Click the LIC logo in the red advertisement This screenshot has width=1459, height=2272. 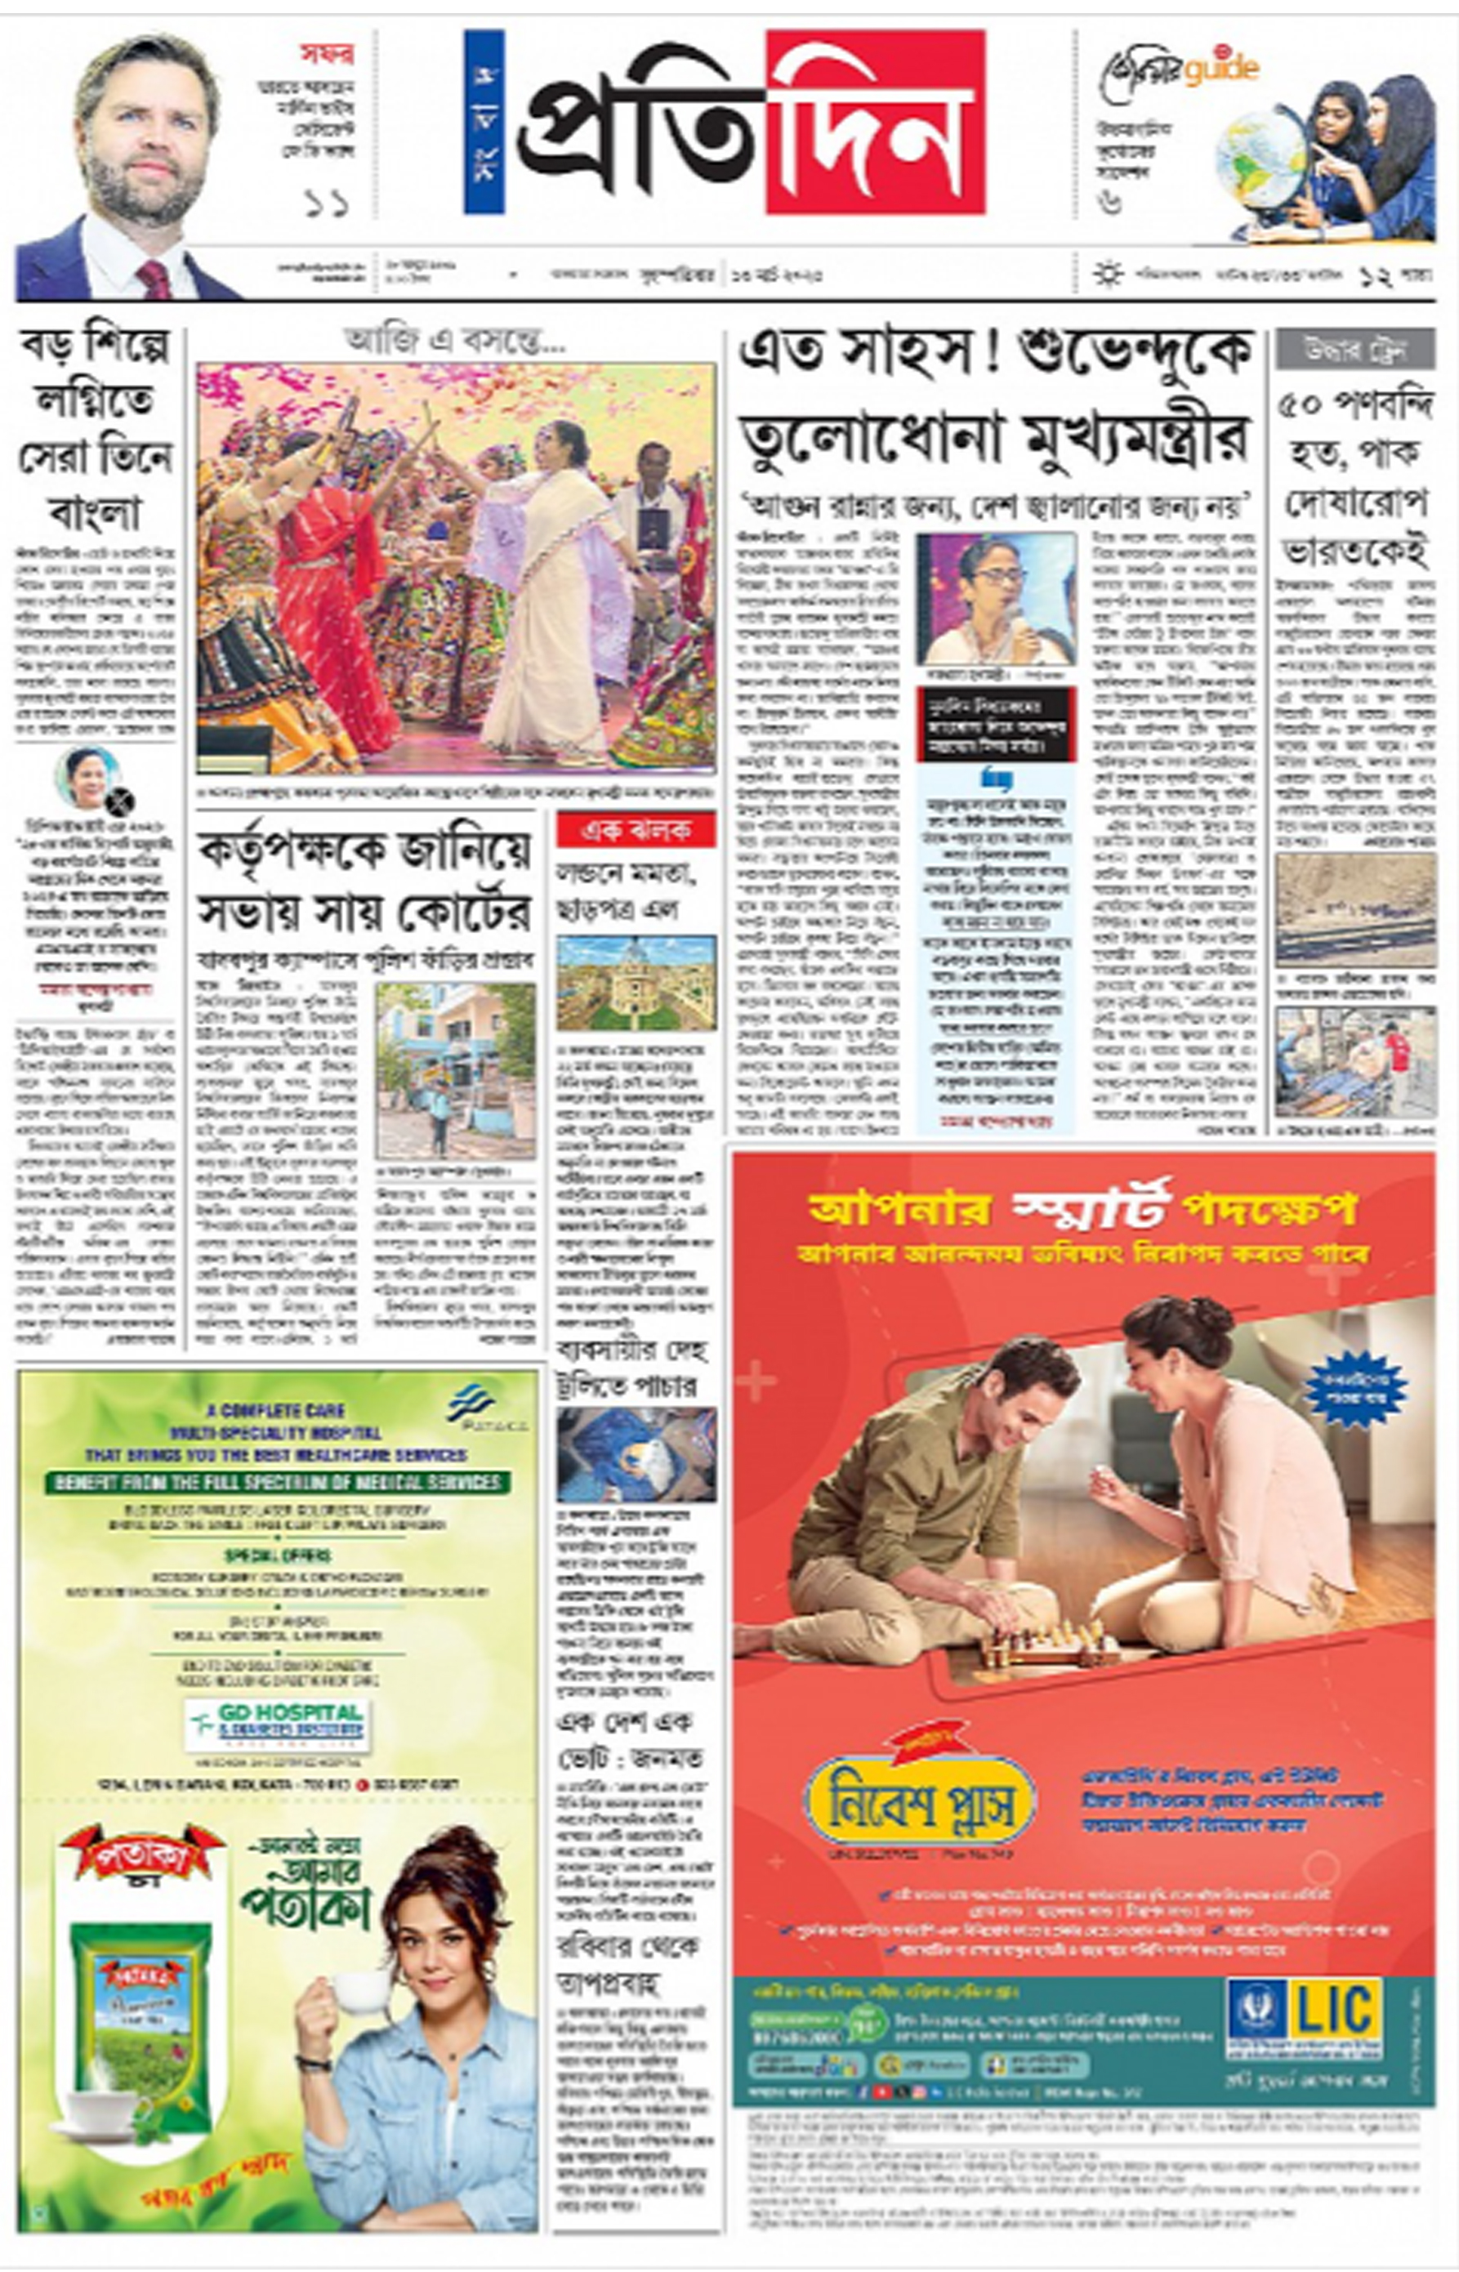coord(1303,2015)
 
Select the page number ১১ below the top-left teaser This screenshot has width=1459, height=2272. coord(327,203)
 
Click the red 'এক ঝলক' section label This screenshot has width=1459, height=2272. coord(636,830)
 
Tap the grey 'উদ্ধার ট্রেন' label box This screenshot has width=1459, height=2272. coord(1354,350)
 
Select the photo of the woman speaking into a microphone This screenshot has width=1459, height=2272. coord(995,599)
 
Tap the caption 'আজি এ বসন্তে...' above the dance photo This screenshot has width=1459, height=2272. coord(455,340)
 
